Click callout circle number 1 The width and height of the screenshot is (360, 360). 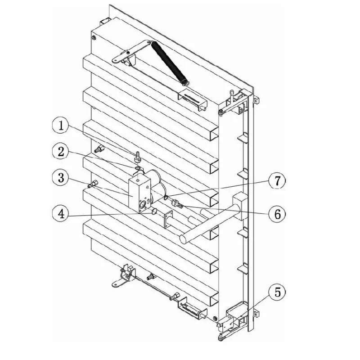point(61,126)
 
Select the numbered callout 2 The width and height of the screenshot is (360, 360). point(61,152)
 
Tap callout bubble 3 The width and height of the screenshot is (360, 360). point(61,178)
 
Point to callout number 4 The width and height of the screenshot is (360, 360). point(61,214)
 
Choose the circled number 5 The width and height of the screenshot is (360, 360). point(277,293)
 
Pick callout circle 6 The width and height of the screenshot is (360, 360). point(277,214)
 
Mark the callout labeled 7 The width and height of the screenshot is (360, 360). point(277,180)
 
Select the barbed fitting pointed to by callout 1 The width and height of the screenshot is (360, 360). point(138,156)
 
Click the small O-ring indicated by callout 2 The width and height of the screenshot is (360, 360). point(138,169)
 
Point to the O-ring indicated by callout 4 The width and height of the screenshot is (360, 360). point(154,211)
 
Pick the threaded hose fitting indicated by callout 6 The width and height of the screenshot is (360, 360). point(177,203)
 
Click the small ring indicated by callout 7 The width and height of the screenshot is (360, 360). point(166,197)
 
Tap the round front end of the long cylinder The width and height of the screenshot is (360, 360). point(184,239)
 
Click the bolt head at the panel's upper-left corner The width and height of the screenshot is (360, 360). point(94,37)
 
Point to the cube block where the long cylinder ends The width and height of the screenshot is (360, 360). point(240,205)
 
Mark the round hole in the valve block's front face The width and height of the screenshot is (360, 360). point(143,204)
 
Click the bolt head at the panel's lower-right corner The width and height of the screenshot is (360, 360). point(215,319)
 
